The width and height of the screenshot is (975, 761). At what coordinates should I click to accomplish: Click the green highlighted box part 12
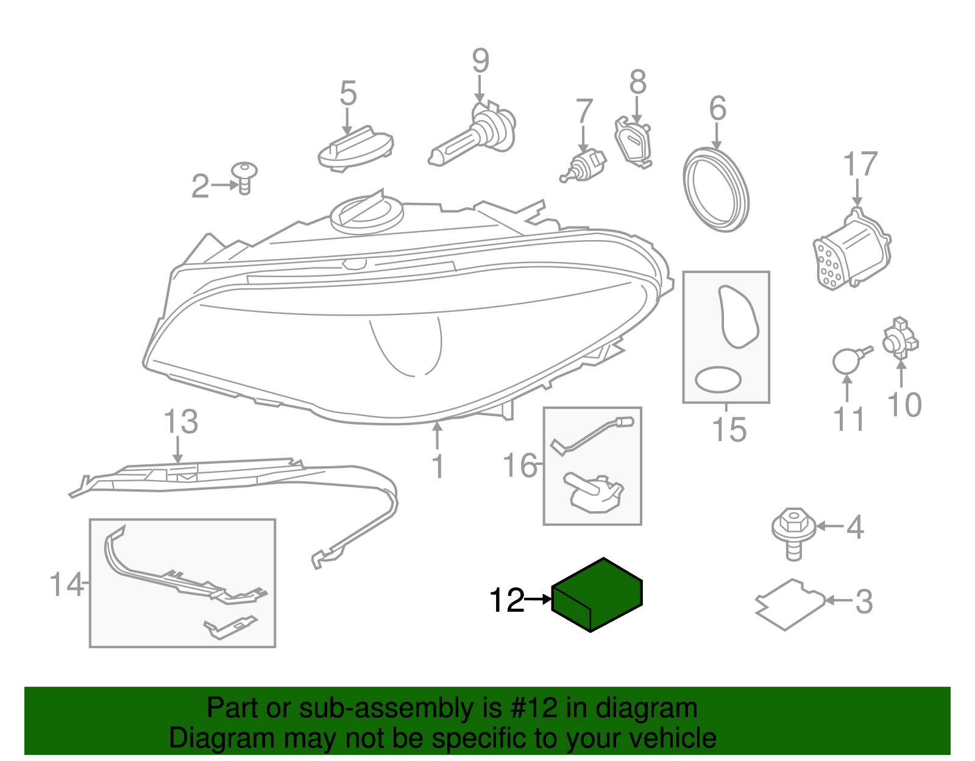pos(597,595)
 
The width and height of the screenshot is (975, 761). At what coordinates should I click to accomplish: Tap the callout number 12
pos(506,601)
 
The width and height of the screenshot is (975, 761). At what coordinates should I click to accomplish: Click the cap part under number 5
pos(356,149)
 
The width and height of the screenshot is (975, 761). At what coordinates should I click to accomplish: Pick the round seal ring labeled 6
pos(715,189)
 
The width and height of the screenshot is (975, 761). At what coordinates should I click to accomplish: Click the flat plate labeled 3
pos(790,604)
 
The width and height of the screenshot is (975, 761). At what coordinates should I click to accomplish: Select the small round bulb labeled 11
pos(845,361)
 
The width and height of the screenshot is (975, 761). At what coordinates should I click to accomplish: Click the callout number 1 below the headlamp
pos(438,467)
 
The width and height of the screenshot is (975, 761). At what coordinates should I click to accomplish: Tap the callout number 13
pos(181,422)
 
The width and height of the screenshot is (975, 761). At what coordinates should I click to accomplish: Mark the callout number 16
pos(520,465)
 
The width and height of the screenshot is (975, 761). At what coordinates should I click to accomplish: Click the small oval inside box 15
pos(718,380)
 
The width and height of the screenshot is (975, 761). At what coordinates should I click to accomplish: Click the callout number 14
pos(66,584)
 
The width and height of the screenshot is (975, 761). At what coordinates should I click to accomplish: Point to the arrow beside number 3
pos(839,601)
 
